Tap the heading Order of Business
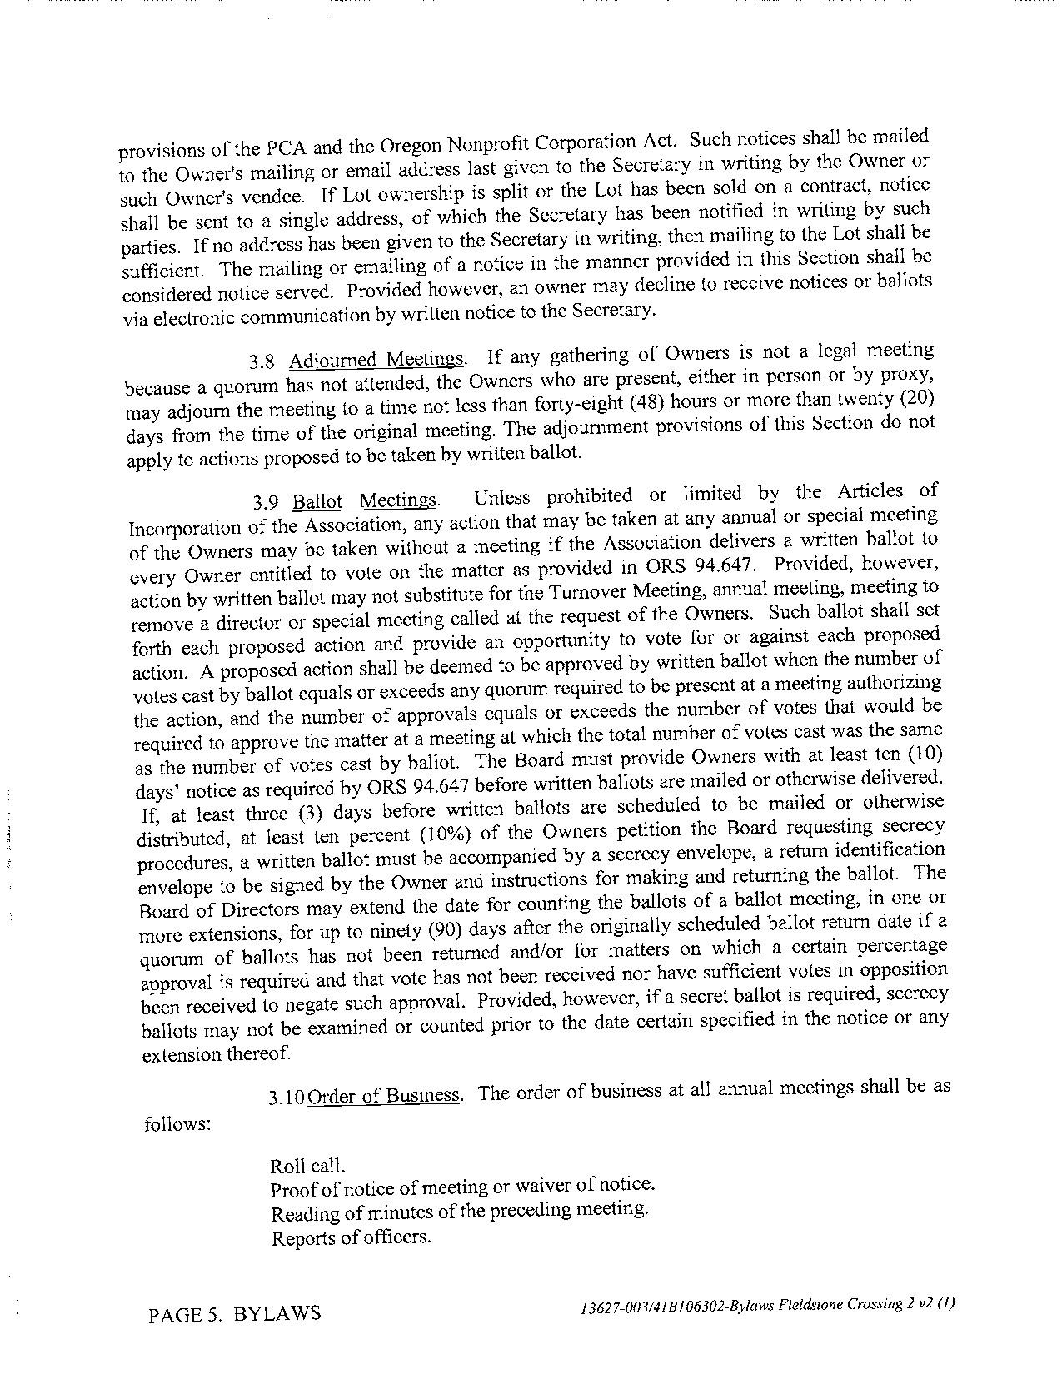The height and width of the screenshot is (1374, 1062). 384,1095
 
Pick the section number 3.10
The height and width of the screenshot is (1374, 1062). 286,1098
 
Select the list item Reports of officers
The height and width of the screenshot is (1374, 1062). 351,1237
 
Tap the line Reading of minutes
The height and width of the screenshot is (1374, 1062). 459,1210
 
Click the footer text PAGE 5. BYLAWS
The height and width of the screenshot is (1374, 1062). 234,1314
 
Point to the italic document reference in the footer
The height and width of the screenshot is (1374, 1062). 767,1306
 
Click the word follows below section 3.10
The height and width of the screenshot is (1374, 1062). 177,1124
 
